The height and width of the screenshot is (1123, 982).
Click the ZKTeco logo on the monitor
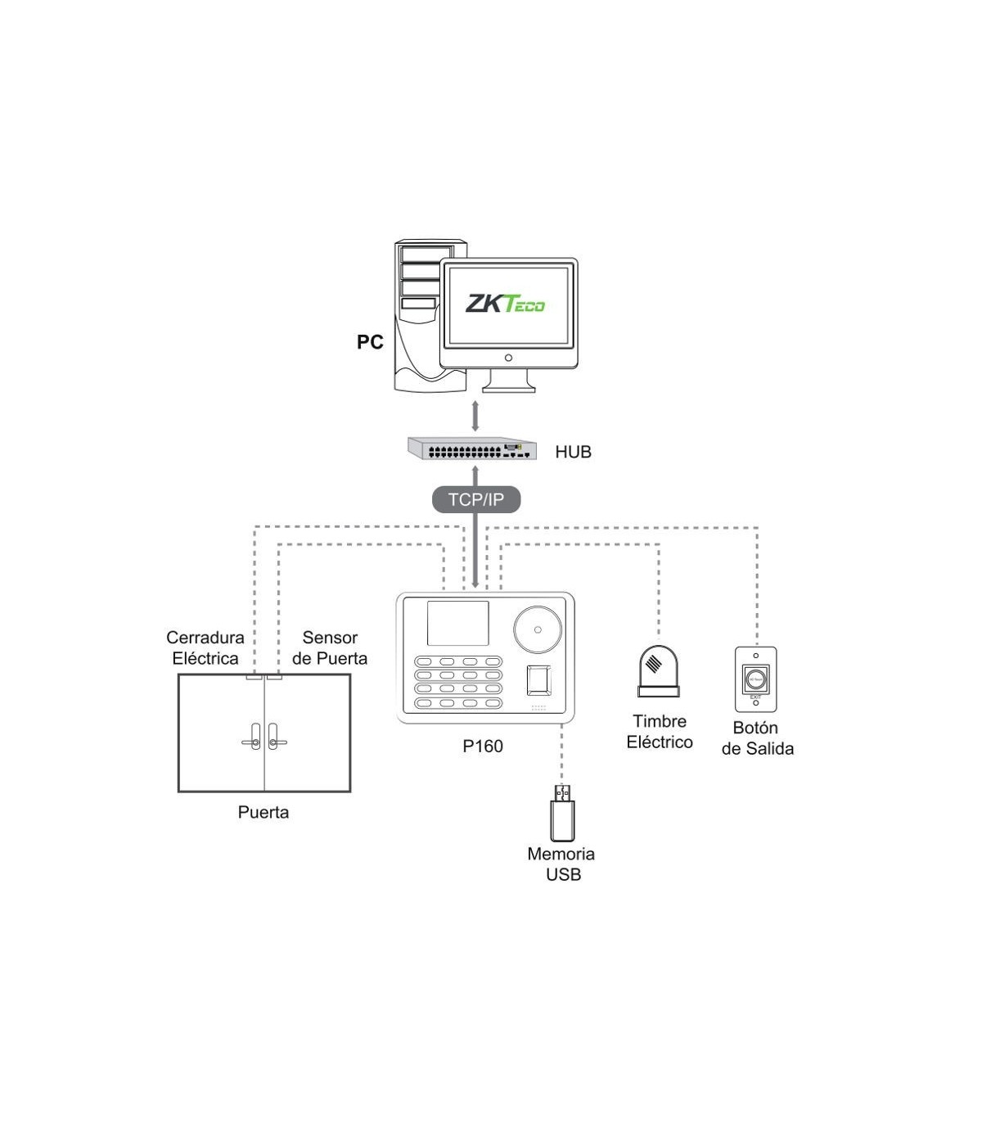tap(505, 304)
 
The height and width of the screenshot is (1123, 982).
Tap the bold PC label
tap(370, 342)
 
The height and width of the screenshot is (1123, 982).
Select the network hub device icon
tap(473, 449)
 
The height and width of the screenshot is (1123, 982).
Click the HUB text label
tap(573, 452)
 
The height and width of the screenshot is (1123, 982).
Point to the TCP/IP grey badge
tap(475, 499)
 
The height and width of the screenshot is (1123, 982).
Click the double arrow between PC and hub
tap(475, 416)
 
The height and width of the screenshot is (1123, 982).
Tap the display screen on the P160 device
tap(457, 624)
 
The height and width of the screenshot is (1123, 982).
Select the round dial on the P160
tap(538, 629)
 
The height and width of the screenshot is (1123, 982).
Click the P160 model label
tap(482, 746)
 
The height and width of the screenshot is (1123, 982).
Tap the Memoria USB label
tap(561, 864)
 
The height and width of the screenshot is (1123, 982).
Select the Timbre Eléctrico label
tap(660, 732)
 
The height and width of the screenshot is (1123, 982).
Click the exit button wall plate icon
tap(755, 679)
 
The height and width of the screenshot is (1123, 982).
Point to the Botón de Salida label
tap(757, 738)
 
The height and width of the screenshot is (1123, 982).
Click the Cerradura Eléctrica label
tap(205, 647)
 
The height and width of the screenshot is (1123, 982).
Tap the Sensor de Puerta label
tap(330, 647)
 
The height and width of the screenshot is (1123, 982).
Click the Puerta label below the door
tap(264, 812)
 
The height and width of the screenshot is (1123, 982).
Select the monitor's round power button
tap(508, 358)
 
